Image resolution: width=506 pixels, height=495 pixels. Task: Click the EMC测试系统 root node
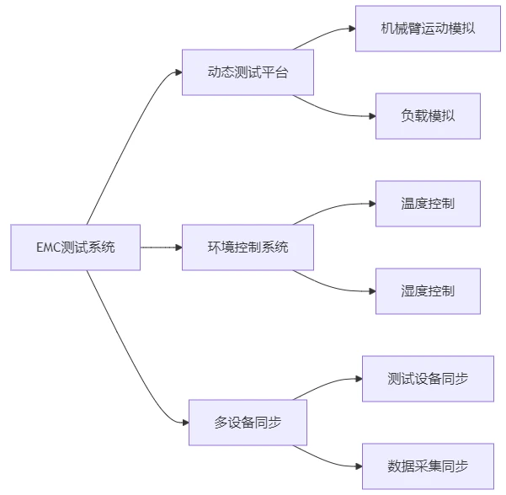[76, 247]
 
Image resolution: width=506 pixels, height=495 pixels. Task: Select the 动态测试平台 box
[248, 72]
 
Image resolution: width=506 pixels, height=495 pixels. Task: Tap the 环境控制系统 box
[248, 247]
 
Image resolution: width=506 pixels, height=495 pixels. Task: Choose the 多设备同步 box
[248, 423]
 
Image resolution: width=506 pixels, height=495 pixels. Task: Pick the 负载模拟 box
[428, 116]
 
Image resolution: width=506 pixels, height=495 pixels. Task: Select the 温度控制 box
[428, 204]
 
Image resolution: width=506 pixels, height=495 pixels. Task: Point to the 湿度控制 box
[428, 291]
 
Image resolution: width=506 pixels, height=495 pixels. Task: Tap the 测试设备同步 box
[428, 379]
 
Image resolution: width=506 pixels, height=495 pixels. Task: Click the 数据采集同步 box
[428, 466]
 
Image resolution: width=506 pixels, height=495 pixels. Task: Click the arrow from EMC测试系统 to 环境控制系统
[161, 247]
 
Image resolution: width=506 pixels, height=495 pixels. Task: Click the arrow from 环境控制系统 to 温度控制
[333, 205]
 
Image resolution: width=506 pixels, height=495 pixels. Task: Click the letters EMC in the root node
[48, 247]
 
